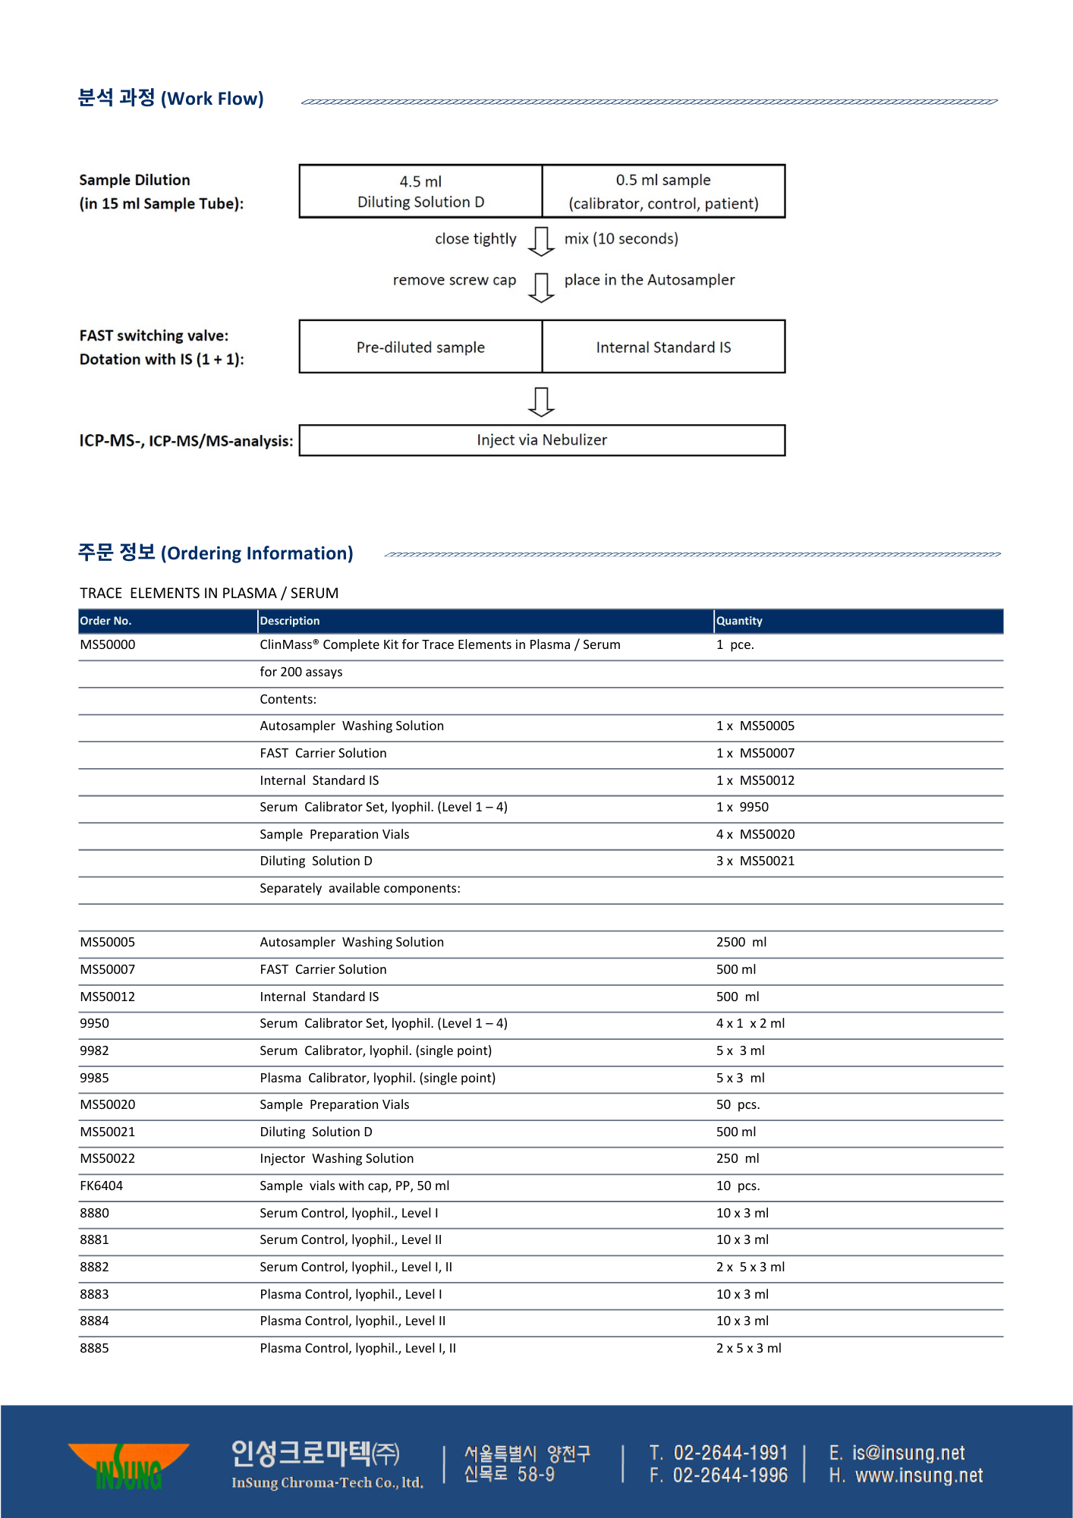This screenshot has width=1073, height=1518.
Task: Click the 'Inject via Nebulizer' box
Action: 542,440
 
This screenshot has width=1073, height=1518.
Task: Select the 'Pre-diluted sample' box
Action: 420,347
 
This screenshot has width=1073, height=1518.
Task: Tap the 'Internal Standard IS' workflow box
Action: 663,347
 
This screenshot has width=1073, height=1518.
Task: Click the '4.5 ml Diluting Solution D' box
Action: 420,191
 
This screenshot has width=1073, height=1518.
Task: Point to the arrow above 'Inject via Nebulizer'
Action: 541,402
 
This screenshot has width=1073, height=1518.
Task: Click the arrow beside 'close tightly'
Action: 541,241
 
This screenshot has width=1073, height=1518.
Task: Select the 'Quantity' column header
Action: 739,621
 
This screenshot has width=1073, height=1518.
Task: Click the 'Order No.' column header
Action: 105,621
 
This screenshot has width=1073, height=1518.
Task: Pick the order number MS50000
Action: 108,644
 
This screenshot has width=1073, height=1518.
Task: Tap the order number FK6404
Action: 101,1186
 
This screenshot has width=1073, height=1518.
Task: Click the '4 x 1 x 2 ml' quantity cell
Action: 750,1023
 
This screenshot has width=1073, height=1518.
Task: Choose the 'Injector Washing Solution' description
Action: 336,1158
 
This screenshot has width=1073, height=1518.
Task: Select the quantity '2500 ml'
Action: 741,942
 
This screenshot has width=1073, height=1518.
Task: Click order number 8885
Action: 94,1348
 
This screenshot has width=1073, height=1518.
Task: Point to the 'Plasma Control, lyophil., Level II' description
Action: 352,1321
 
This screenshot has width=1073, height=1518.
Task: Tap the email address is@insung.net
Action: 908,1453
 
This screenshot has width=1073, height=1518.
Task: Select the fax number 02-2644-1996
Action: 729,1475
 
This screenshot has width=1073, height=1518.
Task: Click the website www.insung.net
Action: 918,1475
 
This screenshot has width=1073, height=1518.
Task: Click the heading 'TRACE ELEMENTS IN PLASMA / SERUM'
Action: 209,593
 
